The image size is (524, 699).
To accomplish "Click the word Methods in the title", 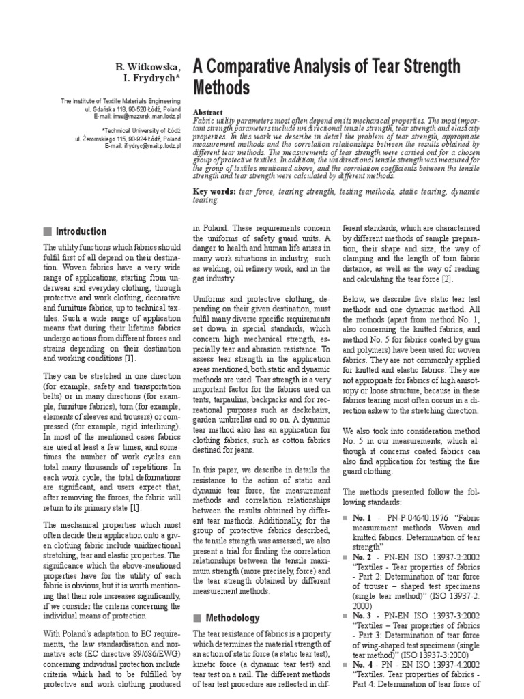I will [222, 88].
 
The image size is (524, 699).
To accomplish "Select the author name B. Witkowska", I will [147, 66].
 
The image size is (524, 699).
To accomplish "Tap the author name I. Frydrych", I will [152, 79].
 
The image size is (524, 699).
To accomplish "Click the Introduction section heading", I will [81, 231].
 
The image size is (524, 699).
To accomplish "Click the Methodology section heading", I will [233, 618].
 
